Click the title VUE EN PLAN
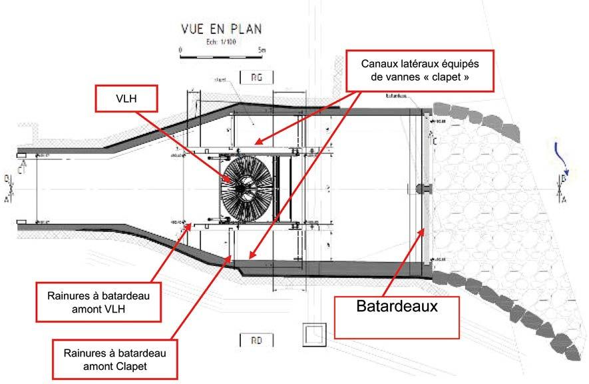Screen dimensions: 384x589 click(x=222, y=29)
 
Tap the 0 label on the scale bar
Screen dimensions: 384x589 click(x=181, y=49)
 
